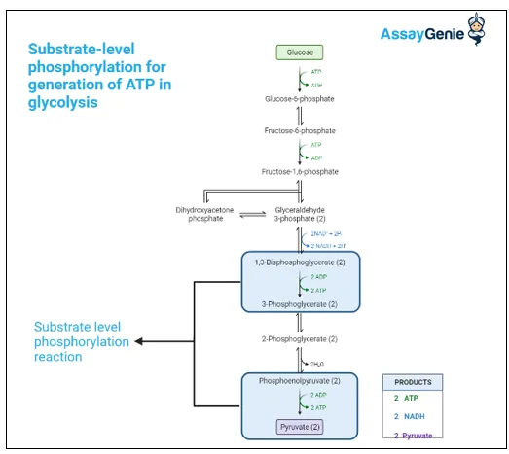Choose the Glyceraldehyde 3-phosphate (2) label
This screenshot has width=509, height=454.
300,214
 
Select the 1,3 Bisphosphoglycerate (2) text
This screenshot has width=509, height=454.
300,263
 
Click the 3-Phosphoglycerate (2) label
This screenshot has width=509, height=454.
300,305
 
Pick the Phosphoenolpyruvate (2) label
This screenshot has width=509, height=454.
300,380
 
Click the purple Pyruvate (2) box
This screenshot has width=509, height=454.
300,427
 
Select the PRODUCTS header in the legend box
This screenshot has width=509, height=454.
415,382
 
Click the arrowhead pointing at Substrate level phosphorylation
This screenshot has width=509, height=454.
138,341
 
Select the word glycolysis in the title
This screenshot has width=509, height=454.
63,101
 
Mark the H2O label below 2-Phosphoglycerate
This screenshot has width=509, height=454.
316,364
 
